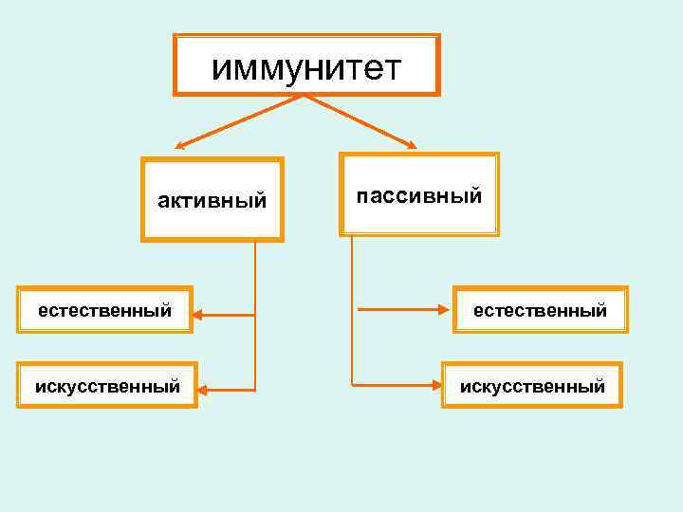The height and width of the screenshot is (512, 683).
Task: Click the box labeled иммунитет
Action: pyautogui.click(x=306, y=65)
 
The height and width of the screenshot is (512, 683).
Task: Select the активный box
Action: pyautogui.click(x=212, y=199)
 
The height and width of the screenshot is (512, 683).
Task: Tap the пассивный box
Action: pyautogui.click(x=419, y=194)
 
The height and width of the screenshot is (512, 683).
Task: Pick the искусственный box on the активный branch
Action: pyautogui.click(x=106, y=385)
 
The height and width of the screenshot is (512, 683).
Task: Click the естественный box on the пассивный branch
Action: pyautogui.click(x=540, y=309)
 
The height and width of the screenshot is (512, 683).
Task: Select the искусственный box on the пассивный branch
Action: pyautogui.click(x=532, y=385)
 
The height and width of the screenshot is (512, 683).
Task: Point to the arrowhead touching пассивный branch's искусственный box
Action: pyautogui.click(x=439, y=385)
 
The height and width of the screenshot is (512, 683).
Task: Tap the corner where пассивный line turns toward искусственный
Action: pyautogui.click(x=352, y=384)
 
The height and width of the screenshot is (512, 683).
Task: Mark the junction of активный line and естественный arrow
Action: pyautogui.click(x=255, y=314)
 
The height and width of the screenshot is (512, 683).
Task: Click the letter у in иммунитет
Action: pyautogui.click(x=284, y=68)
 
